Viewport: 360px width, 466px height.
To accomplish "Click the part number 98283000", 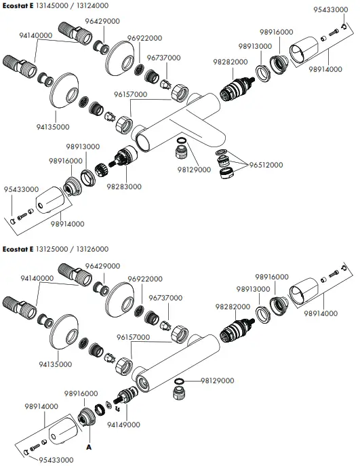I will [x=124, y=187].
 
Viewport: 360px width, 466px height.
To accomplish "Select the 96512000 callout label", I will [x=266, y=165].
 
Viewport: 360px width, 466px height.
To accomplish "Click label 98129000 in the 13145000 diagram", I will [x=194, y=170].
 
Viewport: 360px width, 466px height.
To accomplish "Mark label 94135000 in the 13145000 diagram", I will [x=53, y=126].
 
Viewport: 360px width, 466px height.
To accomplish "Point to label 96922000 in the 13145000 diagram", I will [x=144, y=37].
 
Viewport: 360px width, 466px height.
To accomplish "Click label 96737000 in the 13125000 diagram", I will [x=163, y=297].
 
